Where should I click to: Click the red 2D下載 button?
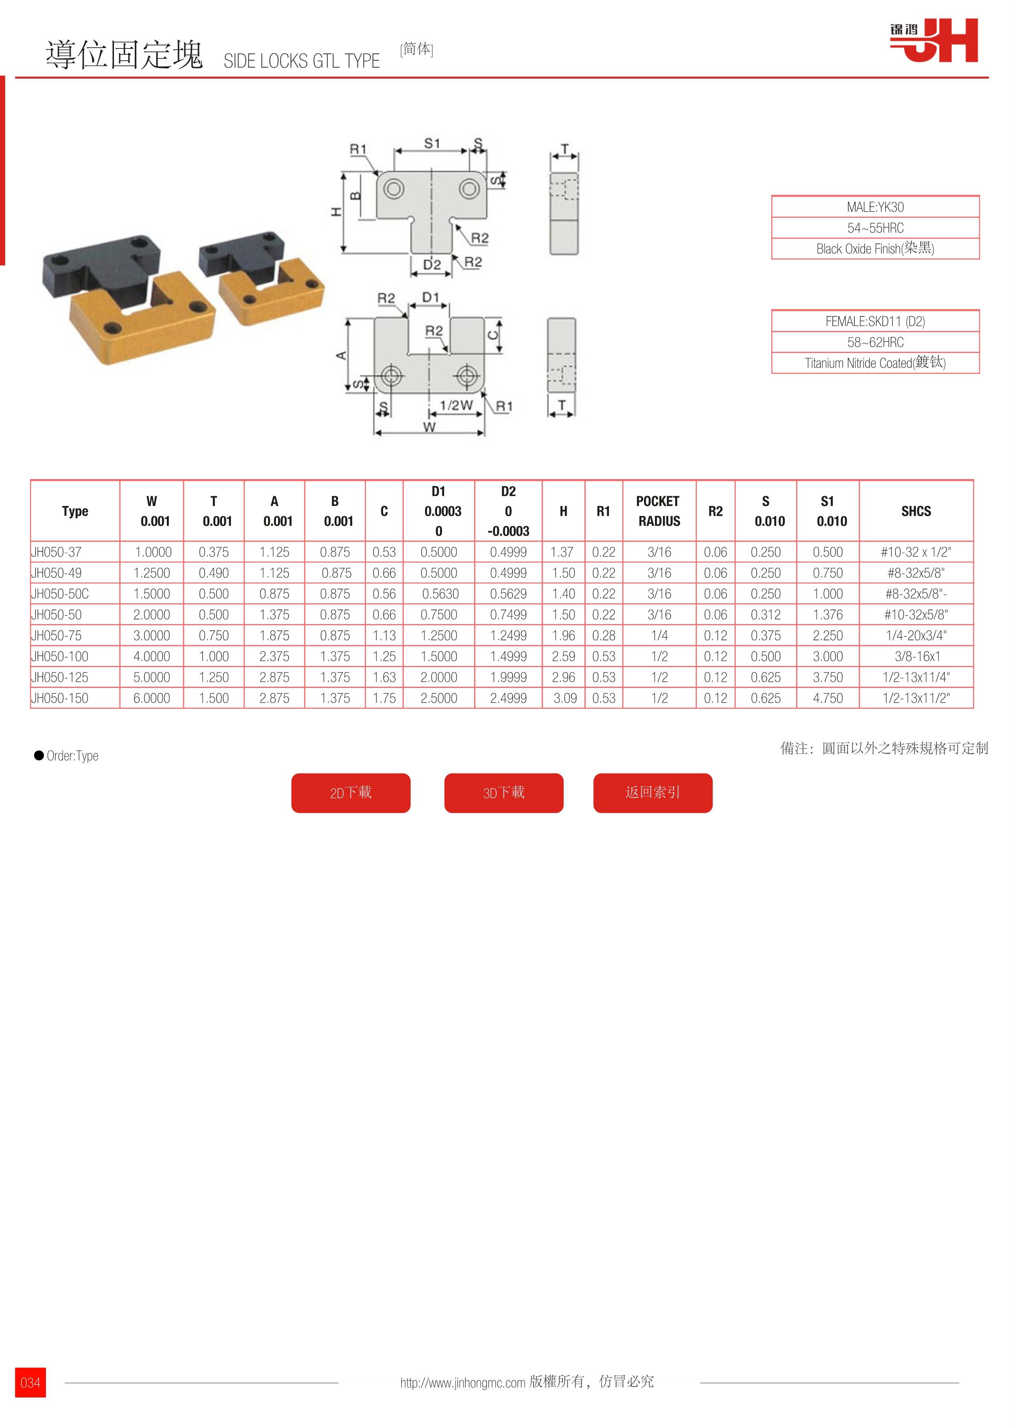pyautogui.click(x=350, y=793)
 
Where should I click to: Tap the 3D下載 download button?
pyautogui.click(x=503, y=793)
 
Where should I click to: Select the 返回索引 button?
pyautogui.click(x=653, y=793)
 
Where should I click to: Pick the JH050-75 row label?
pyautogui.click(x=57, y=635)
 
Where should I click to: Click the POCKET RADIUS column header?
pyautogui.click(x=659, y=511)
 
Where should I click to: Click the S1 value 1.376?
pyautogui.click(x=827, y=615)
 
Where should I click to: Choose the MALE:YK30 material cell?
pyautogui.click(x=875, y=207)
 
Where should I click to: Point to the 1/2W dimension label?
pyautogui.click(x=456, y=405)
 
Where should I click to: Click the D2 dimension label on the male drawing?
pyautogui.click(x=431, y=265)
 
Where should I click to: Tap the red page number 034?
pyautogui.click(x=31, y=1382)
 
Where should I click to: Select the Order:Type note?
pyautogui.click(x=72, y=756)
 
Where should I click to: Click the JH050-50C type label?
pyautogui.click(x=60, y=594)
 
